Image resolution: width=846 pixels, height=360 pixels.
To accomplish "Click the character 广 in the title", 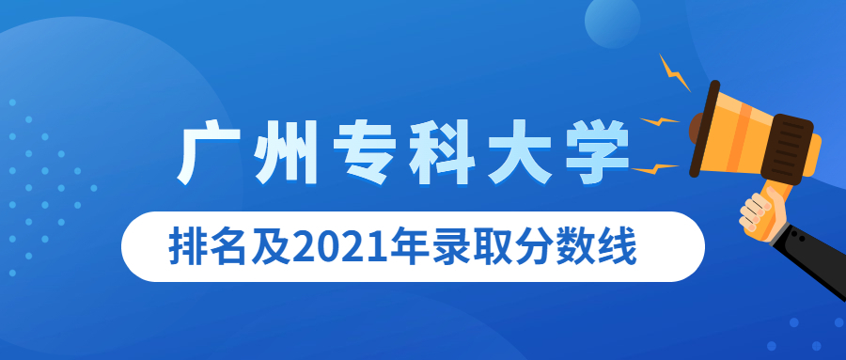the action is click(x=207, y=156).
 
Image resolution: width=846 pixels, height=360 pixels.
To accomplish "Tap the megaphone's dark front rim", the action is click(x=704, y=129).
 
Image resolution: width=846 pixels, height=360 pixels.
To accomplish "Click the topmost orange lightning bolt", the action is click(x=674, y=73).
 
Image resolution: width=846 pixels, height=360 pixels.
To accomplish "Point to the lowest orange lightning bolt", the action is click(x=654, y=169).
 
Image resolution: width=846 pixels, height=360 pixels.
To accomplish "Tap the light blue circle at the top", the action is click(x=612, y=20).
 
